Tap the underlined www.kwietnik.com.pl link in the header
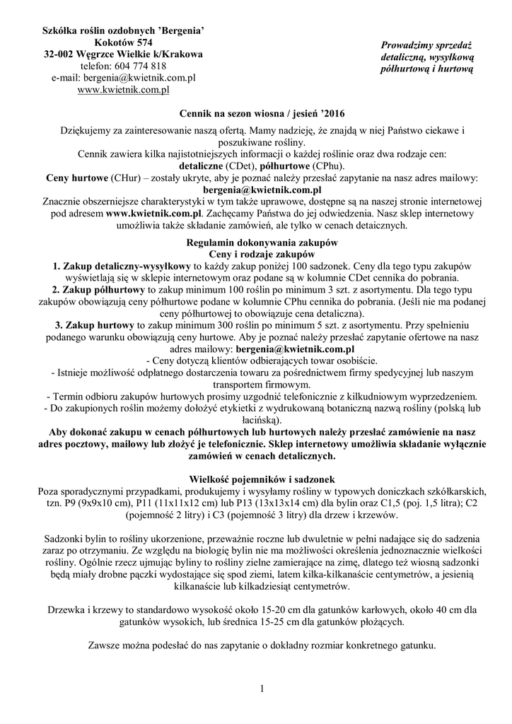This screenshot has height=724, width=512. coord(123,90)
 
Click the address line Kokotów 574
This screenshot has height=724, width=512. coord(123,42)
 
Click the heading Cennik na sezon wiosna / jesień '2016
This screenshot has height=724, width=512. coord(262,114)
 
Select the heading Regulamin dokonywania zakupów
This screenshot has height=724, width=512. coord(262,242)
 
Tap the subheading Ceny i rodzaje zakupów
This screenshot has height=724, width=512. coord(262,253)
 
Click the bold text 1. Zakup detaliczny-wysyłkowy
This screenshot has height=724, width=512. coord(121,265)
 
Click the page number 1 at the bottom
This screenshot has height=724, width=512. coord(262,689)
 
